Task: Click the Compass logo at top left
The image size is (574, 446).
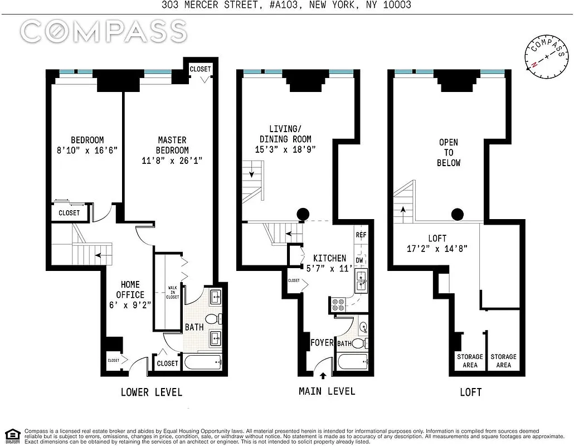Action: (x=104, y=31)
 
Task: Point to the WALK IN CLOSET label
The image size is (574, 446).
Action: (x=173, y=293)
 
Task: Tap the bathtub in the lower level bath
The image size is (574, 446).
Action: (x=203, y=362)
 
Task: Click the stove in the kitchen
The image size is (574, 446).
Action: (x=338, y=304)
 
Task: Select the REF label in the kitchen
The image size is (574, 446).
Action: (x=361, y=235)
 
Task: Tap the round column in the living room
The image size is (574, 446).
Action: (x=303, y=214)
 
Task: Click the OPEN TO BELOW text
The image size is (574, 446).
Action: (x=449, y=153)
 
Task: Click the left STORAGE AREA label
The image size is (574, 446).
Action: (x=470, y=361)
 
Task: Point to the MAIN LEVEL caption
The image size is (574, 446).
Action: (x=327, y=391)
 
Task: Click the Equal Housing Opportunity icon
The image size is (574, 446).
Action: (x=12, y=435)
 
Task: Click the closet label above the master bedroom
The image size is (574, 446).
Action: (x=200, y=69)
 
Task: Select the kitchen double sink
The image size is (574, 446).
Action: (x=362, y=281)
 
